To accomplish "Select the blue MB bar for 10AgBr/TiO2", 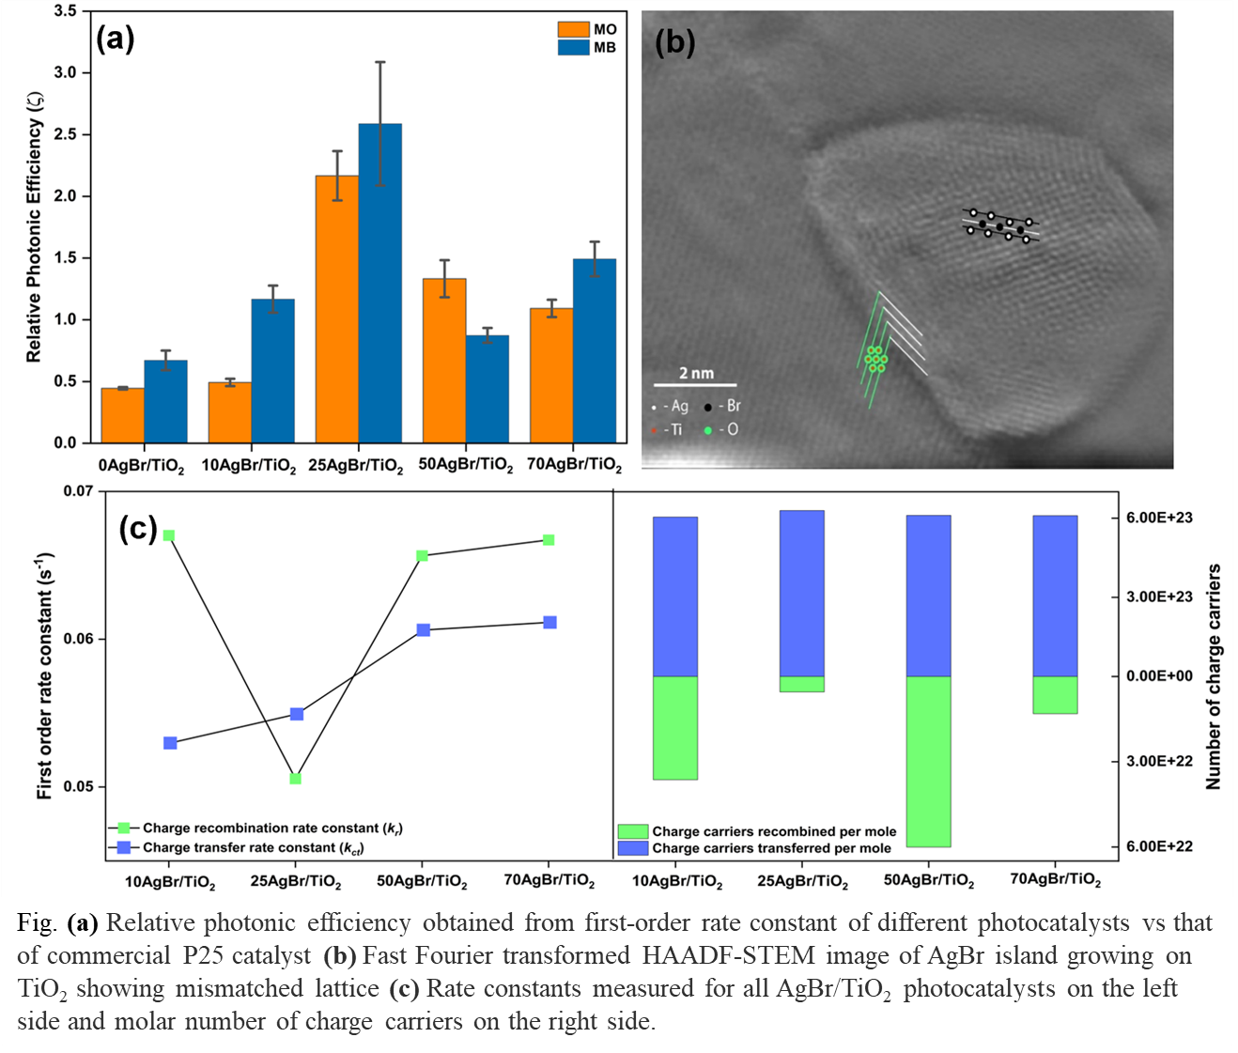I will click(272, 371).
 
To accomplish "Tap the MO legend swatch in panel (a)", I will click(573, 29).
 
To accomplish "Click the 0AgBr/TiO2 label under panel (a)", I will click(141, 466).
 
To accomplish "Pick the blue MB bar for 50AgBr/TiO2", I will click(487, 389).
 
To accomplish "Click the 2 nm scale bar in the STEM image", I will click(695, 384).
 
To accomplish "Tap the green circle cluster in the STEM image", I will click(875, 359).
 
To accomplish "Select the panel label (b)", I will click(674, 42).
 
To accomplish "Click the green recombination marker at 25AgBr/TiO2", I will click(295, 779).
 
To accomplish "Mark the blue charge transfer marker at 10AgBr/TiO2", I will click(170, 743).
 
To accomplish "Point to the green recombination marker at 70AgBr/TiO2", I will click(549, 540).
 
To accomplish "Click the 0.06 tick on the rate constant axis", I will click(79, 640).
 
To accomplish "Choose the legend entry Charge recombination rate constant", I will click(272, 828).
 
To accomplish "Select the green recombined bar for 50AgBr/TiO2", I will click(928, 761).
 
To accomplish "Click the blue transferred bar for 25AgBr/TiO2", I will click(801, 593).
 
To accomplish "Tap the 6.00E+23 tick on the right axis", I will click(1159, 519).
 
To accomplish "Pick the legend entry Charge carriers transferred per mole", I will click(771, 848).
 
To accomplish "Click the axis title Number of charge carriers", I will click(1214, 676).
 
